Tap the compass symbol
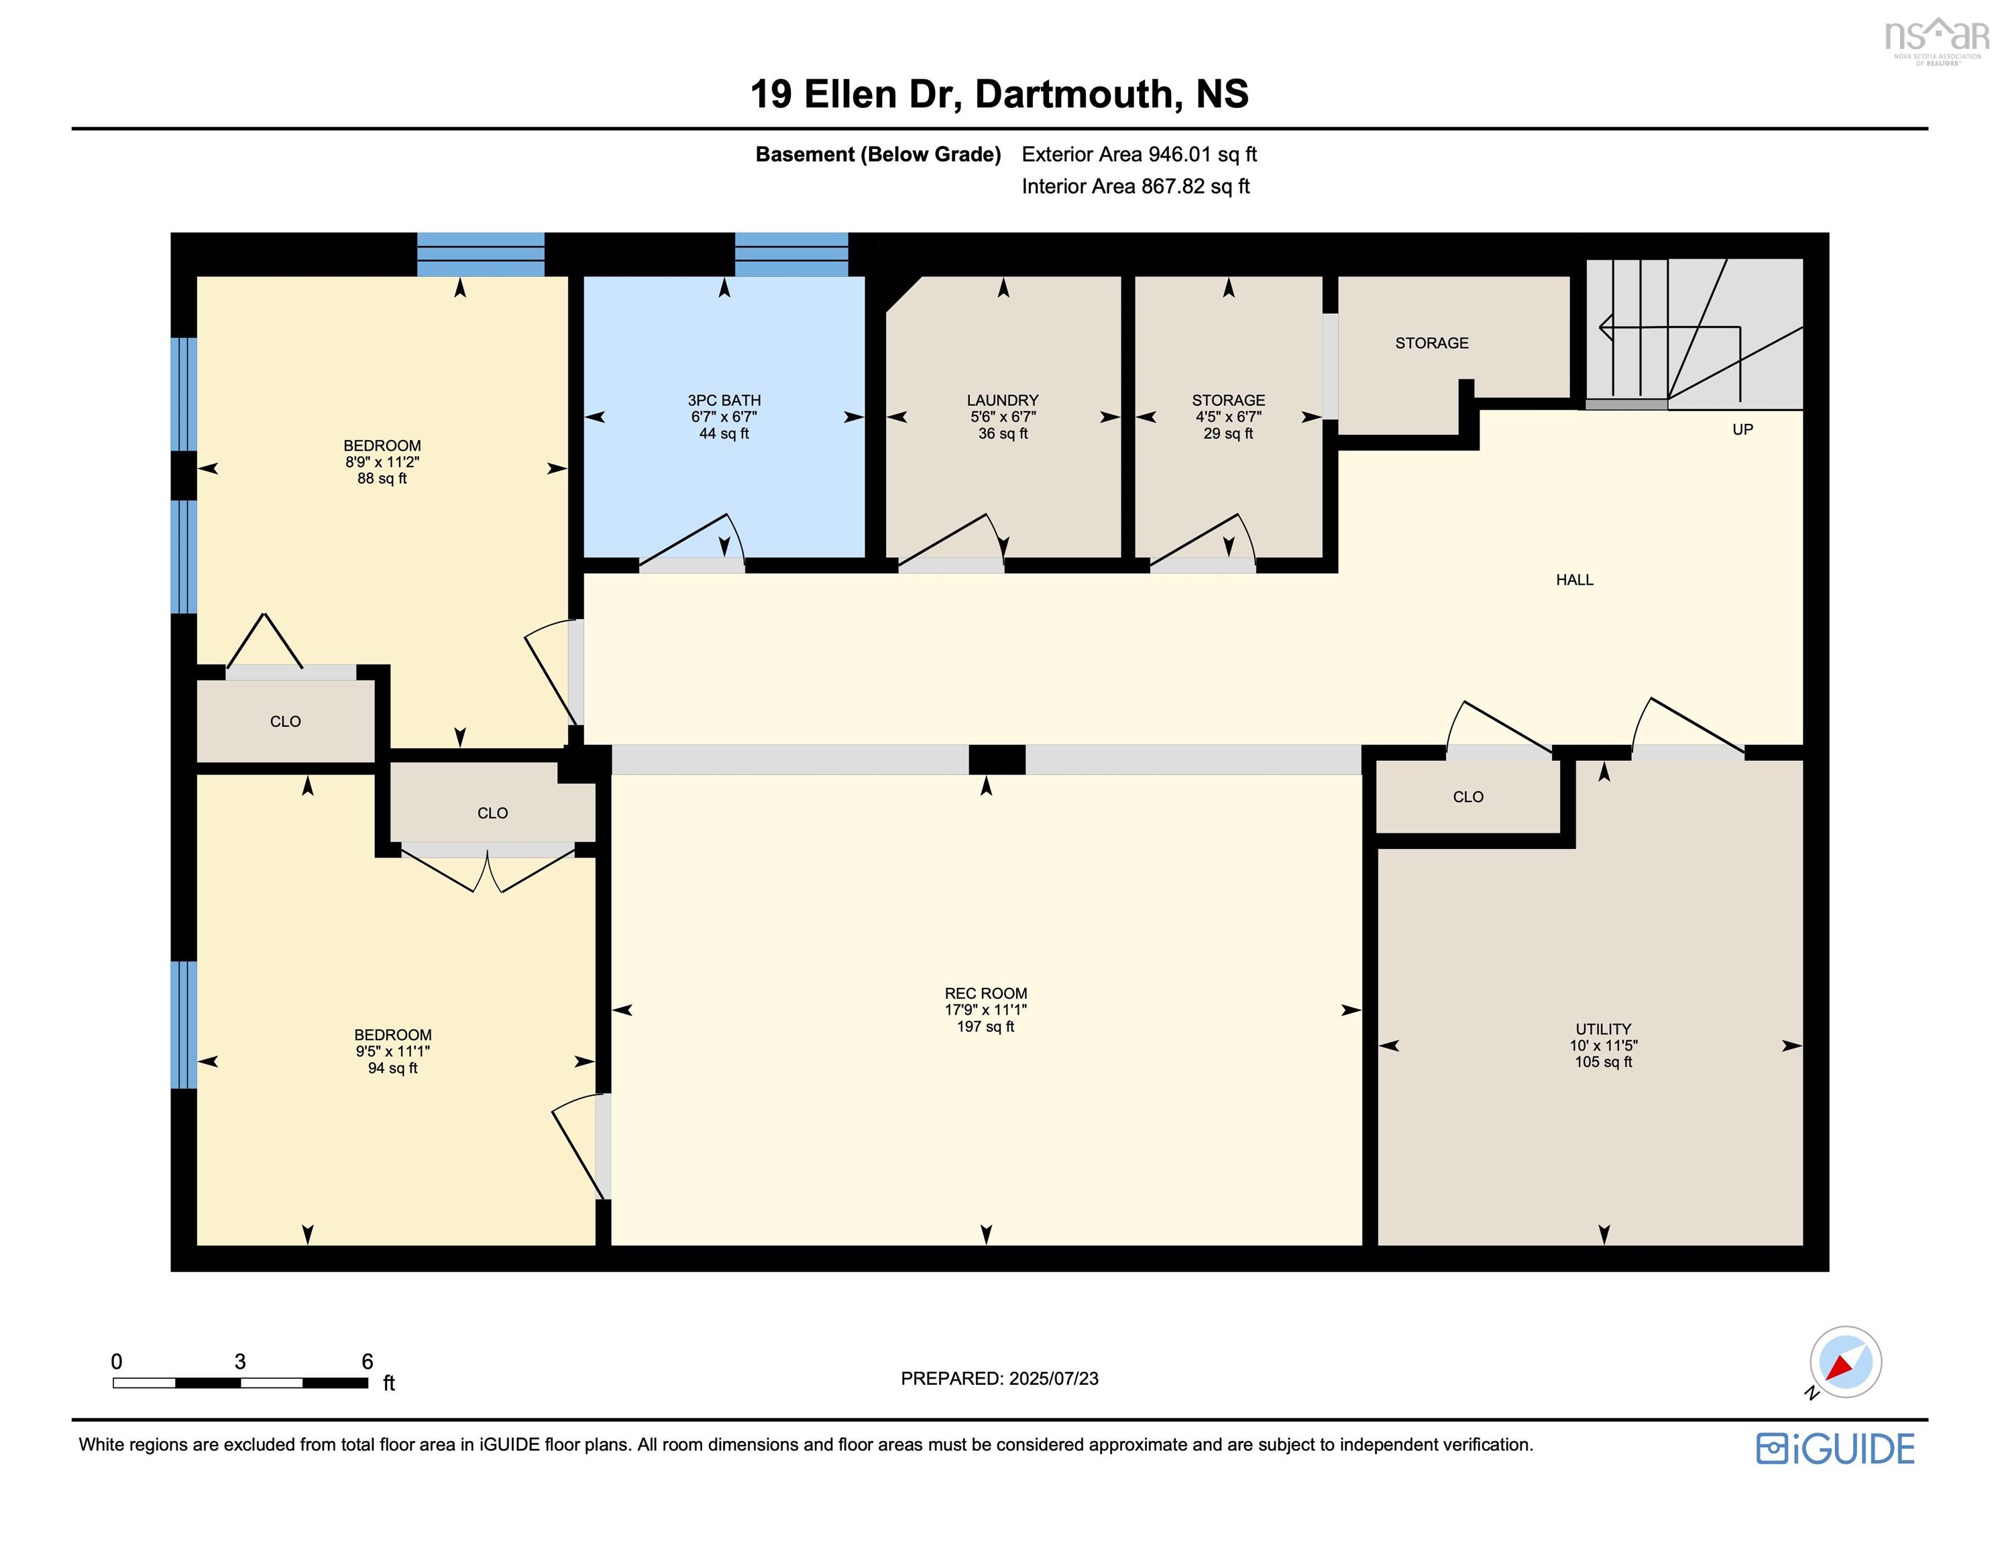pyautogui.click(x=1844, y=1362)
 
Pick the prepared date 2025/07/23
pyautogui.click(x=999, y=1378)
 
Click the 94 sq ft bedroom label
pyautogui.click(x=393, y=1051)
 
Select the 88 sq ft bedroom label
pyautogui.click(x=382, y=461)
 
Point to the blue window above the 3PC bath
pyautogui.click(x=791, y=255)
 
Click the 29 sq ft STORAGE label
pyautogui.click(x=1228, y=416)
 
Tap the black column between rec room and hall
pyautogui.click(x=997, y=759)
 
